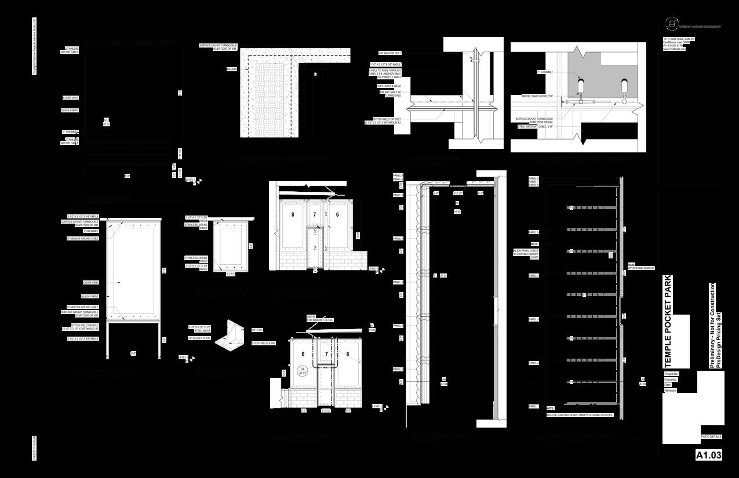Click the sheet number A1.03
point(708,455)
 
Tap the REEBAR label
point(232,69)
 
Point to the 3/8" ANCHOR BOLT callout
point(390,52)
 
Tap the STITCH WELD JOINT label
point(263,343)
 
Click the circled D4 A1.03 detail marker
point(301,371)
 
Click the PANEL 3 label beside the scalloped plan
point(398,282)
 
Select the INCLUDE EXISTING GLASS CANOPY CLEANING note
point(579,415)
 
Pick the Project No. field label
point(671,374)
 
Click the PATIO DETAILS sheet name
point(710,437)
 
